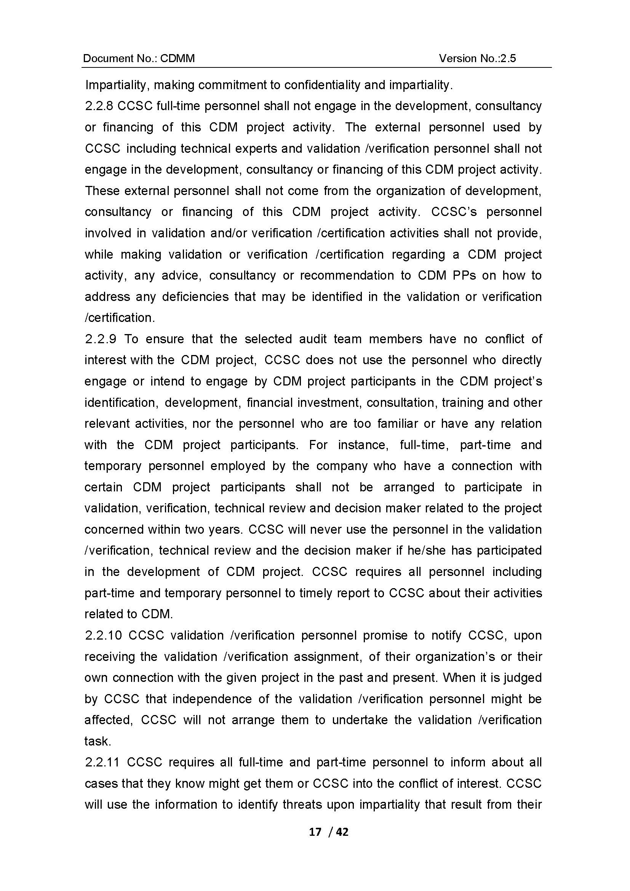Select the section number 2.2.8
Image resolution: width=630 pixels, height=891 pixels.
point(99,106)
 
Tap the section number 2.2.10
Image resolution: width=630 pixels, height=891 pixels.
point(104,636)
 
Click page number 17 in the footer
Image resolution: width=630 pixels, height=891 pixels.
point(315,832)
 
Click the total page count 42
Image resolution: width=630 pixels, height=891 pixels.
point(342,832)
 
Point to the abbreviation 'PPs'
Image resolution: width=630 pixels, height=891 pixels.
point(464,275)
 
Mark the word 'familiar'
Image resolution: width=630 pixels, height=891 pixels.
point(397,424)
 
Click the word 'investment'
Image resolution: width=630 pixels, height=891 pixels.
point(329,402)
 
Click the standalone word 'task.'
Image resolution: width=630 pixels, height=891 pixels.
point(98,741)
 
